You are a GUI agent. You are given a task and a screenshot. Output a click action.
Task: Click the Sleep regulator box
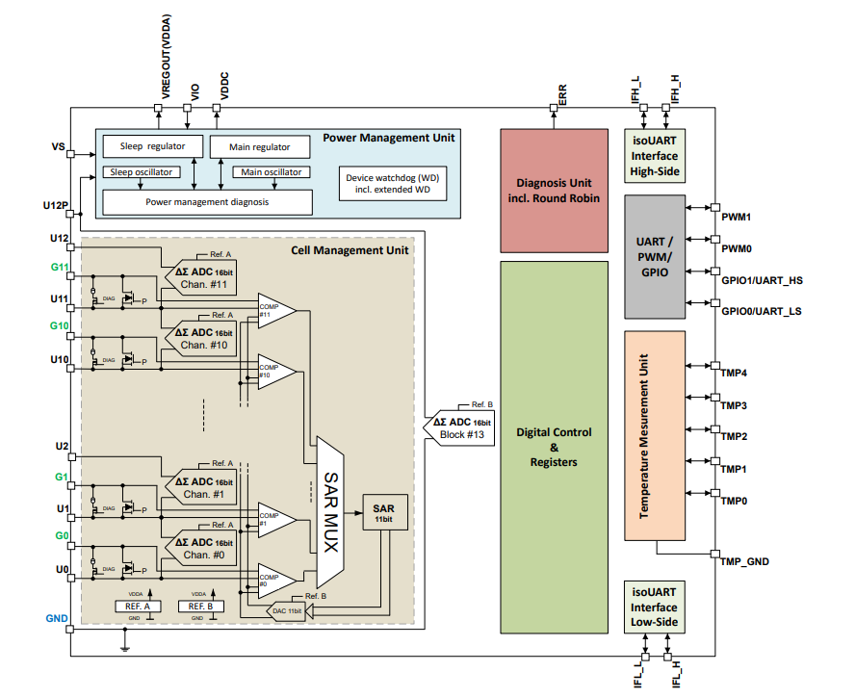153,146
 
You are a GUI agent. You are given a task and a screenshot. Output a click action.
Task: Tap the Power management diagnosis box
207,202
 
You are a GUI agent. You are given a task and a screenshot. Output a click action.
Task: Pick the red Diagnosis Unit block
554,191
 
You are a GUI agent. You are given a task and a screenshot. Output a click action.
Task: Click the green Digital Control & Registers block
554,447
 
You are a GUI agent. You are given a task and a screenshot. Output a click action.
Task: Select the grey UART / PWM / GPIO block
654,257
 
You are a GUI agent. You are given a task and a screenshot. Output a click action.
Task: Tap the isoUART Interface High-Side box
654,156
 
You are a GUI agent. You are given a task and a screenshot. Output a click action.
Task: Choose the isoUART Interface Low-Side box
654,607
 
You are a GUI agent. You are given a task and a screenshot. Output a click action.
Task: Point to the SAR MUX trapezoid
329,512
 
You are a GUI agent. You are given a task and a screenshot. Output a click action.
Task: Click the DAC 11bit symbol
285,612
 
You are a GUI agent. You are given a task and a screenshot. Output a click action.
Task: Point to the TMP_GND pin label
744,561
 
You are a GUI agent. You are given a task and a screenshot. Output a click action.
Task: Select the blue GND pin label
56,617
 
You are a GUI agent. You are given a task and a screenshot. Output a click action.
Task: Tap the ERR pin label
562,92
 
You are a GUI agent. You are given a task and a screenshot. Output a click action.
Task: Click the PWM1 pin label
736,218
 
